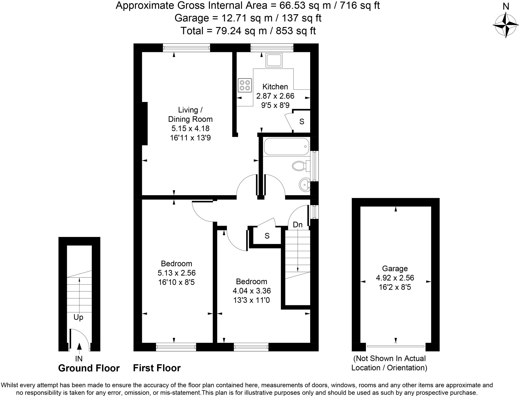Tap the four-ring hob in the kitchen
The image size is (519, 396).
pyautogui.click(x=245, y=85)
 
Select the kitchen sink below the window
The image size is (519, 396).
pyautogui.click(x=274, y=60)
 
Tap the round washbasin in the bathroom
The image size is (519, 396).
pyautogui.click(x=305, y=185)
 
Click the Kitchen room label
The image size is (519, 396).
pyautogui.click(x=275, y=87)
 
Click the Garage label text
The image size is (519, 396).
pyautogui.click(x=395, y=268)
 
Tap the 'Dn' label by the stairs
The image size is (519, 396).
pyautogui.click(x=298, y=225)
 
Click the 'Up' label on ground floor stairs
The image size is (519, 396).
pyautogui.click(x=78, y=317)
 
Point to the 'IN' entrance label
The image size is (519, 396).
pyautogui.click(x=79, y=359)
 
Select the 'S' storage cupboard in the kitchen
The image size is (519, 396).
pyautogui.click(x=302, y=122)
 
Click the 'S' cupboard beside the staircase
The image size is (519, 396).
pyautogui.click(x=267, y=236)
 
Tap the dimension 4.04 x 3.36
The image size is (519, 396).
pyautogui.click(x=252, y=291)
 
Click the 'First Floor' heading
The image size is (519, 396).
pyautogui.click(x=157, y=368)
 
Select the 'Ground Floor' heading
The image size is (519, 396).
pyautogui.click(x=89, y=368)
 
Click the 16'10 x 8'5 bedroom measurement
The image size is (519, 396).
pyautogui.click(x=176, y=282)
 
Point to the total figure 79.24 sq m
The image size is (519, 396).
pyautogui.click(x=241, y=31)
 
